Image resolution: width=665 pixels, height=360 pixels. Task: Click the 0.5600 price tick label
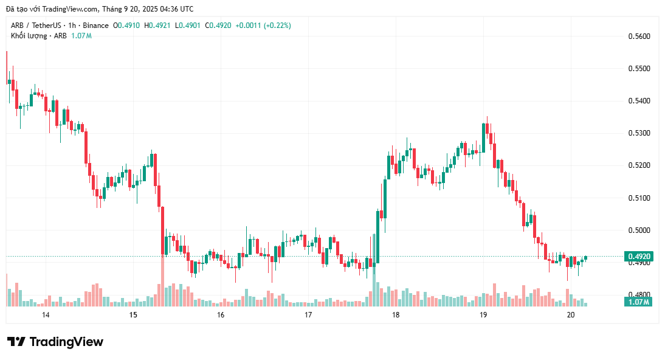point(639,36)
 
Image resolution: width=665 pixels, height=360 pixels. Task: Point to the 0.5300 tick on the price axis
point(639,133)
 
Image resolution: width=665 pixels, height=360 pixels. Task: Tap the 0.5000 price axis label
point(639,230)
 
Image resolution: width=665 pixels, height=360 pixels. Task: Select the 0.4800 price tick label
point(639,295)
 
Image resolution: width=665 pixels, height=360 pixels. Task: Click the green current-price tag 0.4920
point(638,257)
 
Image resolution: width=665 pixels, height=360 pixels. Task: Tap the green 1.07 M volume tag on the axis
point(638,302)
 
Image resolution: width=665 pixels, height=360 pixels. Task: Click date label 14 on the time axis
point(46,315)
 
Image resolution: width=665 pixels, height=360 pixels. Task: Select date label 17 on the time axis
point(308,315)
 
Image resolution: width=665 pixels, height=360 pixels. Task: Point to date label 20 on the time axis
point(570,315)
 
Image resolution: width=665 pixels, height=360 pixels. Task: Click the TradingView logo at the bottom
point(55,342)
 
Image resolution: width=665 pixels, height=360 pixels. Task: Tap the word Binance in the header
point(96,26)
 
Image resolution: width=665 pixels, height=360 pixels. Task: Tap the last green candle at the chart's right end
point(585,258)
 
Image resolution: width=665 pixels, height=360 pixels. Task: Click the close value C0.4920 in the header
point(218,26)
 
